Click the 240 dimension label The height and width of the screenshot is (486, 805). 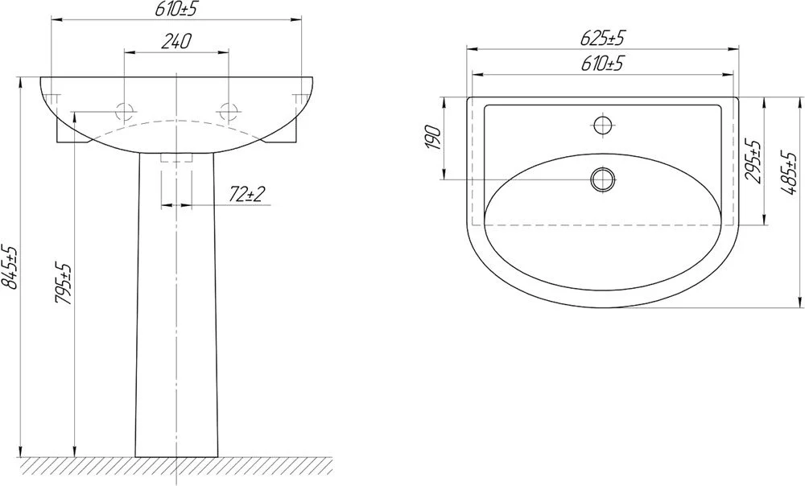(175, 41)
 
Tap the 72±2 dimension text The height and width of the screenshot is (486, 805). (246, 194)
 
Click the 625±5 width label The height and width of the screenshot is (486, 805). (603, 38)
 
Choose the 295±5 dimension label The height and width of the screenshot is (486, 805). (753, 161)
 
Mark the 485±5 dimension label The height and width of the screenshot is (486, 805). (788, 173)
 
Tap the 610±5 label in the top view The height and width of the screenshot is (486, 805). (602, 63)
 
